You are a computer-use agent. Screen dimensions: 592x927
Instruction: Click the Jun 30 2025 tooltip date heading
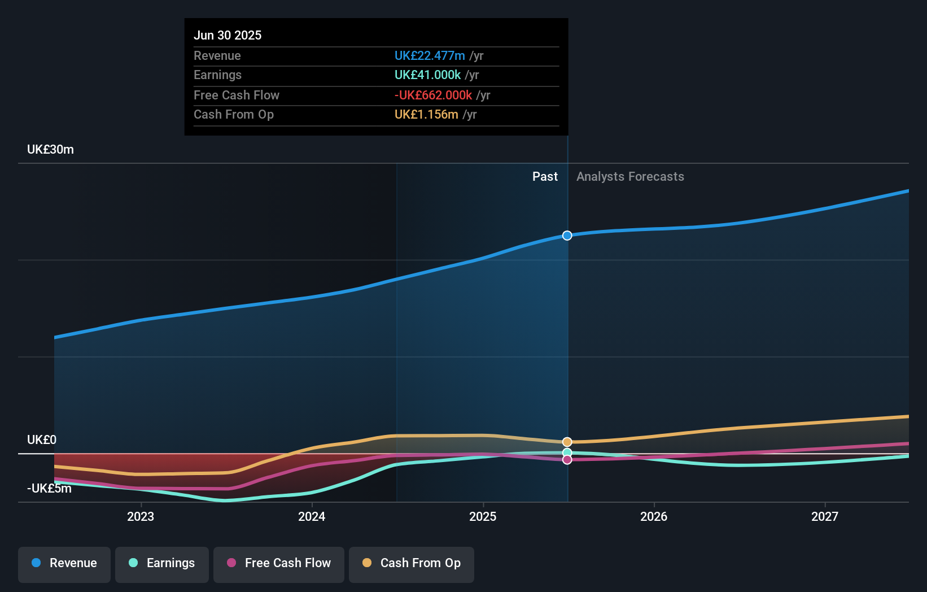[x=228, y=35]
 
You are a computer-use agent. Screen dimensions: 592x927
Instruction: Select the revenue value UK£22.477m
[x=430, y=55]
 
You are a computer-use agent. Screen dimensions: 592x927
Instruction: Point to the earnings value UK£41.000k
[x=427, y=75]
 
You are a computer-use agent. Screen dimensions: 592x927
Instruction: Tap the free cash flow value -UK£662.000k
[x=433, y=95]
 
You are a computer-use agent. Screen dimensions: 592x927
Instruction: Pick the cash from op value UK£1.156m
[x=426, y=115]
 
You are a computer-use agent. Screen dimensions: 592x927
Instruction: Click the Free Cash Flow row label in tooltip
[x=236, y=95]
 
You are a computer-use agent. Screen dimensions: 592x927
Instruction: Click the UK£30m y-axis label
[x=50, y=150]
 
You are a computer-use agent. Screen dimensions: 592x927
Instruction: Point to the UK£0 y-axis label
[x=42, y=439]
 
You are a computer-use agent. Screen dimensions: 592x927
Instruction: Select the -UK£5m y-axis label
[x=49, y=488]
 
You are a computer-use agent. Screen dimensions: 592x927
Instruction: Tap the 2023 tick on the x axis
[x=141, y=516]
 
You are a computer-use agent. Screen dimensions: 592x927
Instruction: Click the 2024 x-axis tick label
[x=312, y=516]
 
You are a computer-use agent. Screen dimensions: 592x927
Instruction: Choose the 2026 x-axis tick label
[x=654, y=516]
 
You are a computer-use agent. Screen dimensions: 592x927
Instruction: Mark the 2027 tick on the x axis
[x=825, y=516]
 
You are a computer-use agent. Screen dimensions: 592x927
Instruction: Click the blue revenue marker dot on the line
[x=567, y=236]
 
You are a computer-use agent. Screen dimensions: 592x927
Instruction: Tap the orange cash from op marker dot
[x=567, y=442]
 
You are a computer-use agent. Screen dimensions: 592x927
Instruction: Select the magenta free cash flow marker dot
[x=567, y=460]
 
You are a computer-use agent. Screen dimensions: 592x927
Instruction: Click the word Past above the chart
[x=545, y=177]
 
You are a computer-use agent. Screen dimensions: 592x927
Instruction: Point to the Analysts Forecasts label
[x=630, y=177]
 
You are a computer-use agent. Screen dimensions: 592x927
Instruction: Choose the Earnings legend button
[x=162, y=563]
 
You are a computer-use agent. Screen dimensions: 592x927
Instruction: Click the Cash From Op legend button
[x=412, y=563]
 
